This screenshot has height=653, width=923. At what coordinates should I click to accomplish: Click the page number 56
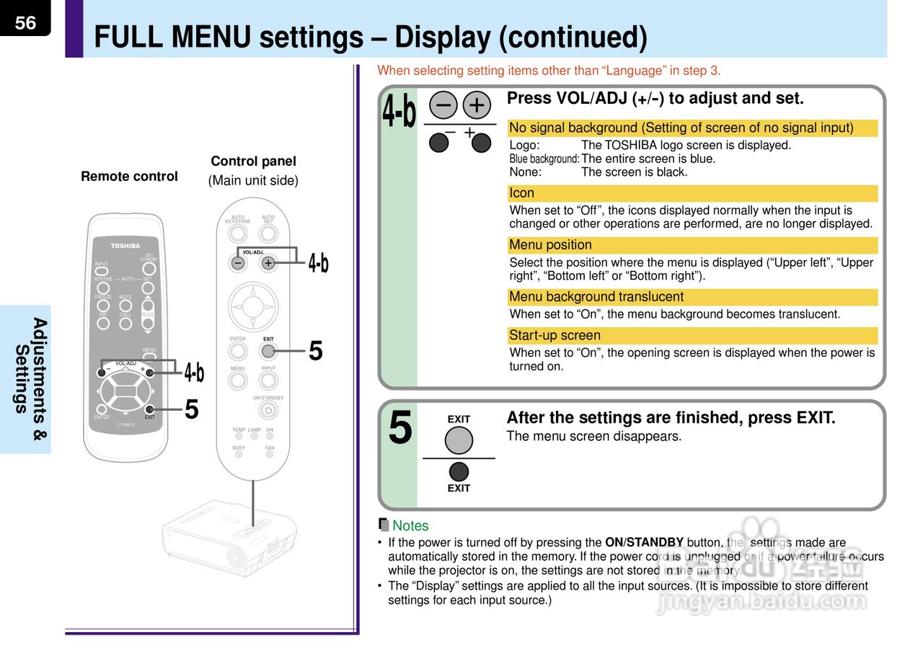pyautogui.click(x=25, y=22)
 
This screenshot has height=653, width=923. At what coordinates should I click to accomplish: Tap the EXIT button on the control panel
pyautogui.click(x=268, y=351)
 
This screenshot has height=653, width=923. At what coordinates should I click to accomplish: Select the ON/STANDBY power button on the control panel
pyautogui.click(x=268, y=410)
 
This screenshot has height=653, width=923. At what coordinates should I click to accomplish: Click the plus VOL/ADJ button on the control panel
pyautogui.click(x=268, y=263)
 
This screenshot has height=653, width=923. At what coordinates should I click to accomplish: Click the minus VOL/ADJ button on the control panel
pyautogui.click(x=238, y=263)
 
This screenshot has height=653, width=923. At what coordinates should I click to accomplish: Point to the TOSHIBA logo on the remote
pyautogui.click(x=125, y=246)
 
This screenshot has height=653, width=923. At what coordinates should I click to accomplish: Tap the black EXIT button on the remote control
pyautogui.click(x=149, y=409)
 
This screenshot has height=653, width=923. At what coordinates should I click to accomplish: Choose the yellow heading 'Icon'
pyautogui.click(x=522, y=193)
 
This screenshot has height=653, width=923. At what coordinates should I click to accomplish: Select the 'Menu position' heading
pyautogui.click(x=550, y=245)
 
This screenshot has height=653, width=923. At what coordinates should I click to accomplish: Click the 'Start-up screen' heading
pyautogui.click(x=555, y=335)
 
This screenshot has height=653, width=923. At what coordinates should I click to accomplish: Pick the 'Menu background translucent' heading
pyautogui.click(x=596, y=297)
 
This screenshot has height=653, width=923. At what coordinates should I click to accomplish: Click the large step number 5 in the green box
pyautogui.click(x=400, y=427)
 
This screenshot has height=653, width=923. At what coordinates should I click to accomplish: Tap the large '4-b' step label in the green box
pyautogui.click(x=399, y=112)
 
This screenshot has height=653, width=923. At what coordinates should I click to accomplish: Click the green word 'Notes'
pyautogui.click(x=410, y=526)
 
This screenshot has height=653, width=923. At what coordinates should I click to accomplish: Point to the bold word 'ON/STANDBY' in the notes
pyautogui.click(x=644, y=543)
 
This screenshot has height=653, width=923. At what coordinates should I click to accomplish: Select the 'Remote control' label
pyautogui.click(x=129, y=177)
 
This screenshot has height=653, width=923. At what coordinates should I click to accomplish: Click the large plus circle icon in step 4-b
pyautogui.click(x=476, y=105)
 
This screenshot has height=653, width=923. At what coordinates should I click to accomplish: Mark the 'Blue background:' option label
pyautogui.click(x=544, y=159)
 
